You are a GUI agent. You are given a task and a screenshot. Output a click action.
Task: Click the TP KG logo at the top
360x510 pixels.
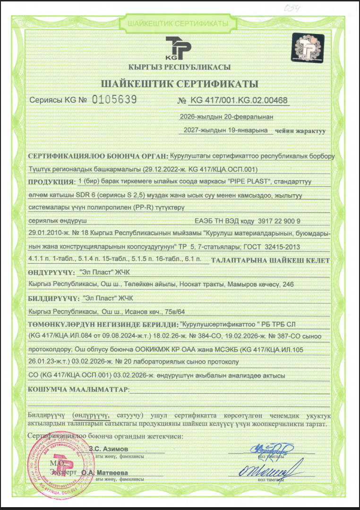[x=179, y=48]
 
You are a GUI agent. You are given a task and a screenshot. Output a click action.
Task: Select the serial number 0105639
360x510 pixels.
[x=114, y=100]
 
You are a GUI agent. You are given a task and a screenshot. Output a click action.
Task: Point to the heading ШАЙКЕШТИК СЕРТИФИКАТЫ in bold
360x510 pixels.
[x=180, y=84]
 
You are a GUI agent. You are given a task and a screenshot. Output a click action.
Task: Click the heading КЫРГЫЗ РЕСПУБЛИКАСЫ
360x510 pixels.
[x=180, y=67]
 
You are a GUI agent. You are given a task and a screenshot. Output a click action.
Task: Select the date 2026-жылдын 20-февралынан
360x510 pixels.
[x=227, y=116]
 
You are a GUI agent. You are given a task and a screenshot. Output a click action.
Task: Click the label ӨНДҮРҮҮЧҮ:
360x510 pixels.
[x=51, y=272]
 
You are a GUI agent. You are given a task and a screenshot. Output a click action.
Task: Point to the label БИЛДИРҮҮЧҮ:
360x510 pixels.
[x=52, y=298]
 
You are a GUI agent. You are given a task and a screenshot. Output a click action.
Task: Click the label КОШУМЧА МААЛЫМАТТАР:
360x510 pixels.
[x=78, y=389]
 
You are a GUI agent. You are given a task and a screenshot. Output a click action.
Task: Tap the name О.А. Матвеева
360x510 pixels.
[x=108, y=472]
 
